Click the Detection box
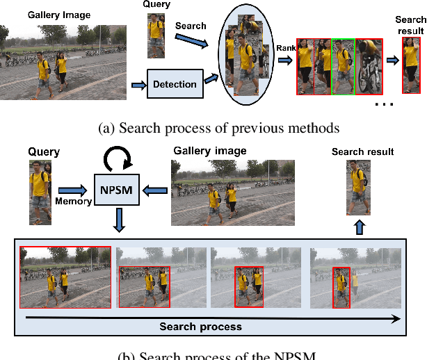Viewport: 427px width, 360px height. tap(175, 85)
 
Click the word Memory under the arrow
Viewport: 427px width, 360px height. tap(74, 201)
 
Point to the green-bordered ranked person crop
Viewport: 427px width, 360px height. tap(343, 66)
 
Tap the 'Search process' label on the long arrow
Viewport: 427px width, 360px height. tap(200, 326)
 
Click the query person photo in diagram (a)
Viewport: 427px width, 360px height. tap(156, 38)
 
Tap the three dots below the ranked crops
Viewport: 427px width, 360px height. tap(383, 104)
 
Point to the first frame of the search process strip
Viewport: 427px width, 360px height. tap(65, 277)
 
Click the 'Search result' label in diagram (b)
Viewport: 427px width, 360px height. tap(362, 152)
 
